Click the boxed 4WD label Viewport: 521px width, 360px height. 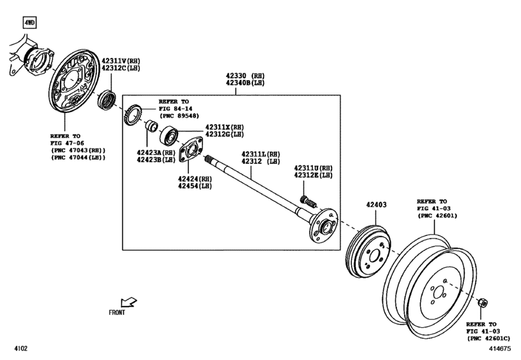tap(30, 23)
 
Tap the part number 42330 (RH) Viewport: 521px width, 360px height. tap(245, 75)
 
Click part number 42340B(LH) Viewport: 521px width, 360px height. tap(245, 83)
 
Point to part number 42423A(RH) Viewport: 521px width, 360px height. tap(155, 153)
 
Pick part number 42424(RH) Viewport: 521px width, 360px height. tap(195, 179)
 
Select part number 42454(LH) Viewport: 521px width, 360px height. tap(195, 186)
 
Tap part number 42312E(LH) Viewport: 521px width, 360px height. tap(313, 175)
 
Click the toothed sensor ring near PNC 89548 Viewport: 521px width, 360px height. tap(134, 116)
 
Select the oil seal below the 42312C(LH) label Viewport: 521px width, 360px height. tap(107, 100)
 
